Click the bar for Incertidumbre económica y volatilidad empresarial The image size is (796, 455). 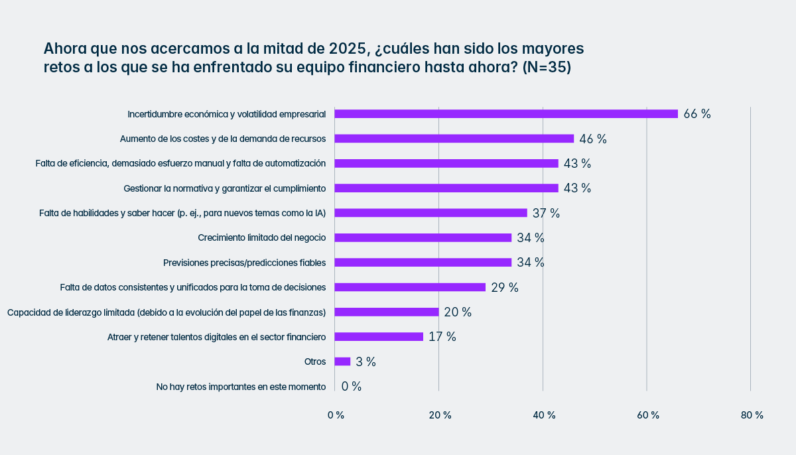pos(506,114)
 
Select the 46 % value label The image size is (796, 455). pos(593,139)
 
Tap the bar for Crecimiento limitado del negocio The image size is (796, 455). pos(423,237)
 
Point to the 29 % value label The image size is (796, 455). pos(505,287)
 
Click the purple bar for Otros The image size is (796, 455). pos(342,361)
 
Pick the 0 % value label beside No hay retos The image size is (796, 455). pos(352,387)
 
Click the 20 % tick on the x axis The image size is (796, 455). pos(440,415)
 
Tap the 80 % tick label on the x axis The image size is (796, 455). pos(752,415)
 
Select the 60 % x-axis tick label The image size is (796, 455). pos(648,415)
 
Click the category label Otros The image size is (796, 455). pos(315,362)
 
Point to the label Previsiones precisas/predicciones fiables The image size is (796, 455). pos(244,263)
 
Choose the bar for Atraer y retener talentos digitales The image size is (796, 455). pos(379,337)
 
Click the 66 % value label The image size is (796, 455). pos(697,114)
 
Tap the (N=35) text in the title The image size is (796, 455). pos(547,68)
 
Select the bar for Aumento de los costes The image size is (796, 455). pos(454,139)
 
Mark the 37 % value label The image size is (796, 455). pos(547,213)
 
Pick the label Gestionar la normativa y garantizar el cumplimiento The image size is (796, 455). pos(224,188)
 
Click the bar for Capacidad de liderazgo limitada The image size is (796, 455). pos(387,312)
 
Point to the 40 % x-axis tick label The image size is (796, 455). pos(544,415)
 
